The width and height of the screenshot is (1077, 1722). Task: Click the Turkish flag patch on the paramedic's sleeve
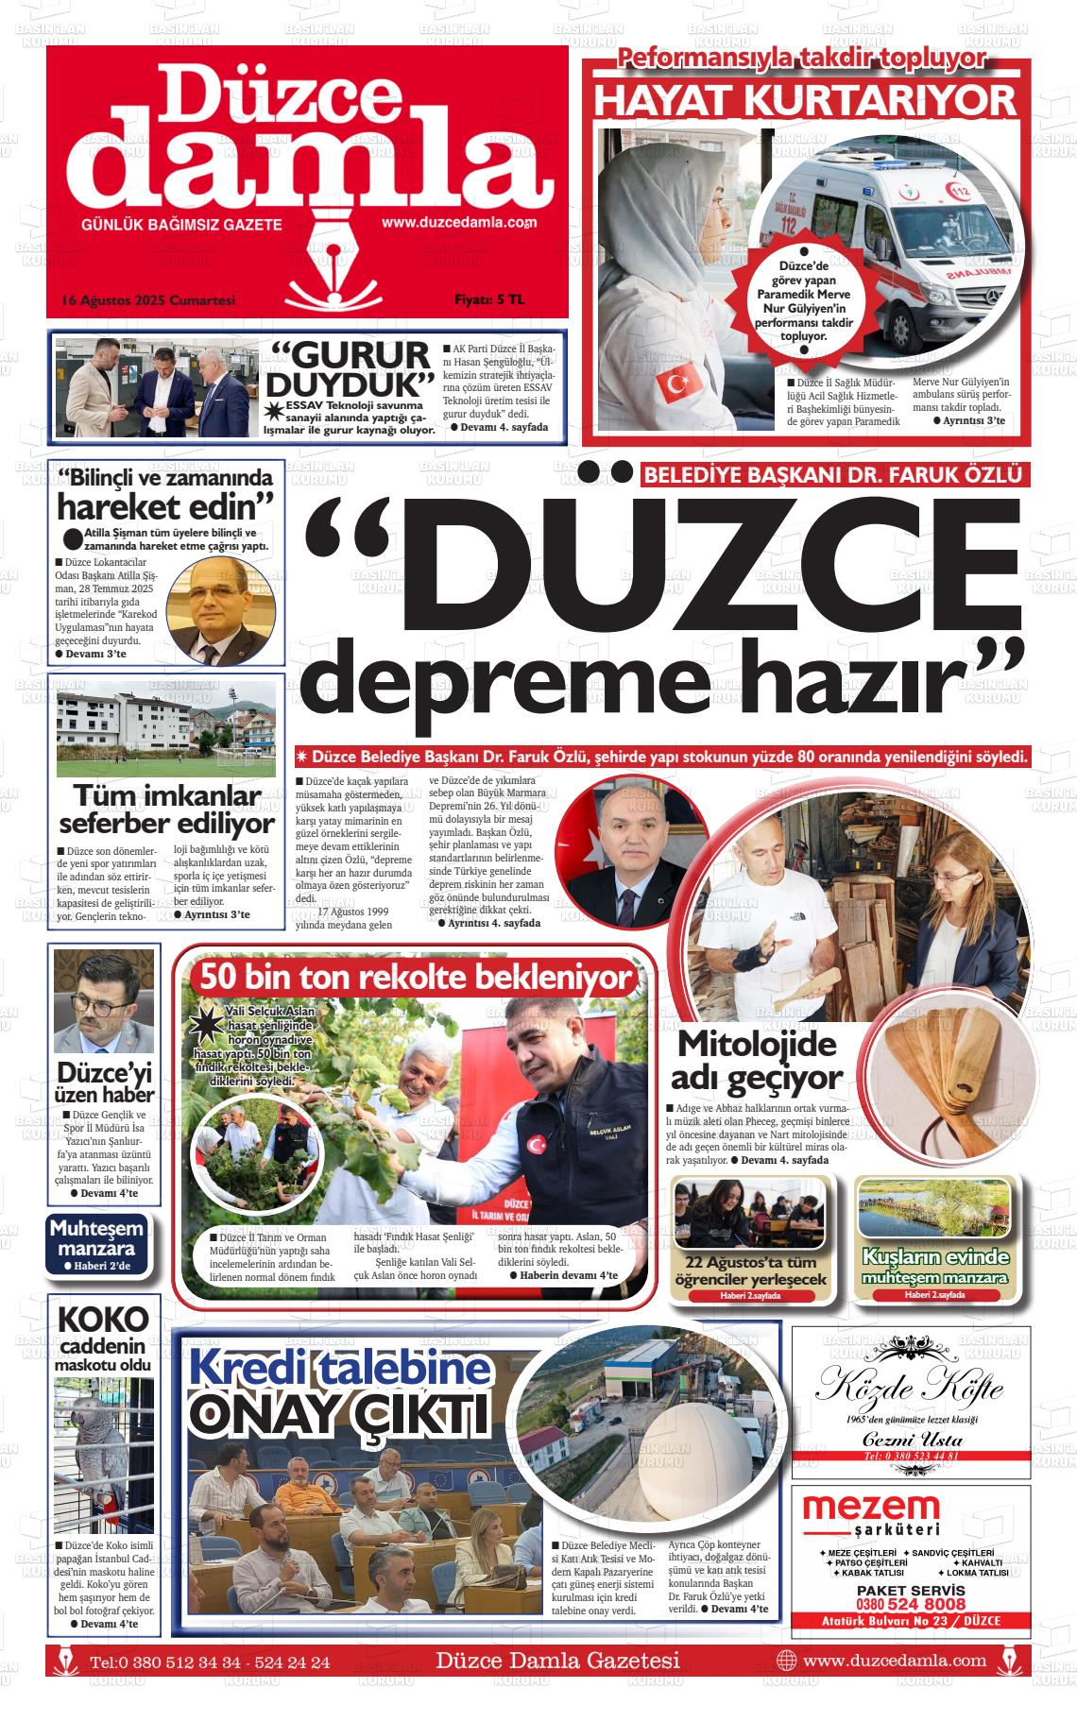(x=676, y=384)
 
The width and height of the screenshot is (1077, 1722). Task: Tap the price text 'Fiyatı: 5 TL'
(x=489, y=300)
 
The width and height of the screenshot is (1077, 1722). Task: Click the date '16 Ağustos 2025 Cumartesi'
(x=147, y=300)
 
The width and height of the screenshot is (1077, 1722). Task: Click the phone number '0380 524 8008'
(x=911, y=1605)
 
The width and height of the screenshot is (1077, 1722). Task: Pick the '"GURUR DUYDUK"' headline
(x=349, y=369)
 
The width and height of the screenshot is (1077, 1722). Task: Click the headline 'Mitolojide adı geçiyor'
(x=756, y=1060)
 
